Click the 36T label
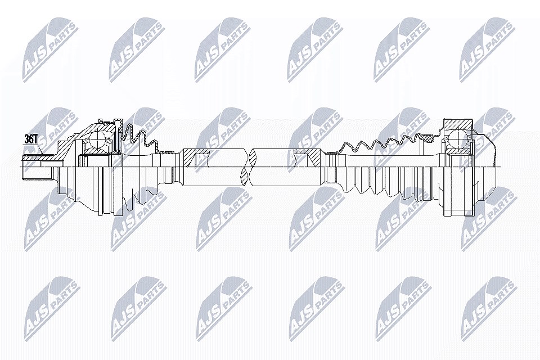[x=30, y=139]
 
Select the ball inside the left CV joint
[x=98, y=140]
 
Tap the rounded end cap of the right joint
[x=485, y=168]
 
